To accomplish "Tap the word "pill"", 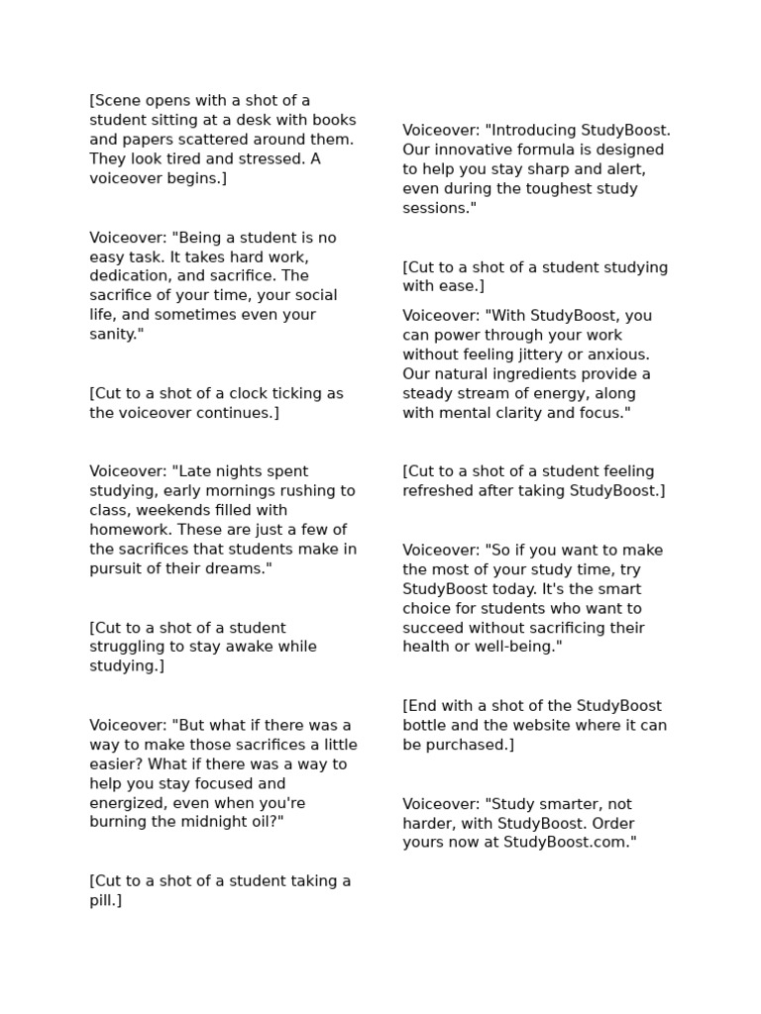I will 103,901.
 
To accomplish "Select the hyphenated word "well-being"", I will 513,647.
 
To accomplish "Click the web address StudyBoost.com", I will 569,843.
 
